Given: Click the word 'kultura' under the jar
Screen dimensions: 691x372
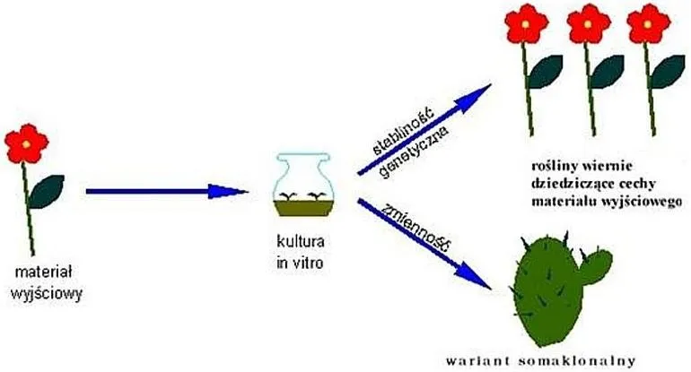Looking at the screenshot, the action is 300,241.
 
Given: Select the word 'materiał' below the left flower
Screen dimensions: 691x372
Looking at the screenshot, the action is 43,272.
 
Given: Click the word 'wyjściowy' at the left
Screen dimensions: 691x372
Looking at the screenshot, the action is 47,294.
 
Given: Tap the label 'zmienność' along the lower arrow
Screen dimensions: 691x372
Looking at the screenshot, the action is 417,227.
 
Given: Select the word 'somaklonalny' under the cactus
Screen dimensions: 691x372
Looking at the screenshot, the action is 577,361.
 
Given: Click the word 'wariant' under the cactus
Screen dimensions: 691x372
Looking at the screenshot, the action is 477,361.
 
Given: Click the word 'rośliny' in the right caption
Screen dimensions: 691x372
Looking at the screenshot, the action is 555,166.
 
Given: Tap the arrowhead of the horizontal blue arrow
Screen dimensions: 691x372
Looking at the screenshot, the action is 228,191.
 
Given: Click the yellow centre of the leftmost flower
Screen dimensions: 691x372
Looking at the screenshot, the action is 26,144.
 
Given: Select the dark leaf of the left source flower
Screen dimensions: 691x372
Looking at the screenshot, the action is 46,192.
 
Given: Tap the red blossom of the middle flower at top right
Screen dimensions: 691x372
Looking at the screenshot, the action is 588,23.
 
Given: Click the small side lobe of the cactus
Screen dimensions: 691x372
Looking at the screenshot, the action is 598,264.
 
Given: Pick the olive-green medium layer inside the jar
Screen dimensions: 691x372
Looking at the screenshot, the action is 303,208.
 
